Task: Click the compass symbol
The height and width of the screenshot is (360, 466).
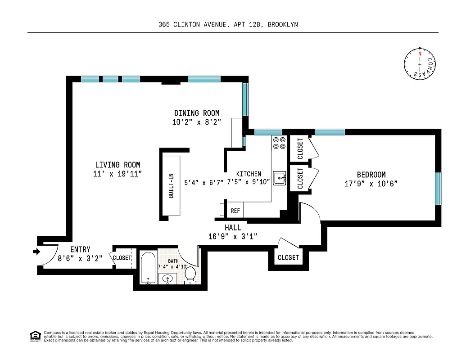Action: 420,63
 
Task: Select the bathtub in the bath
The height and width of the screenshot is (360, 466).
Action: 148,268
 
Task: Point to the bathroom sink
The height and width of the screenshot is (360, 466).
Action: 167,279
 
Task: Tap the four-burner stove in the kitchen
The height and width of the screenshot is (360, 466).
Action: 279,143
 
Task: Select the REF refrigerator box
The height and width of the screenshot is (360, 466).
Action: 235,211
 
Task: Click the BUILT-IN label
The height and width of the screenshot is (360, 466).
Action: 171,186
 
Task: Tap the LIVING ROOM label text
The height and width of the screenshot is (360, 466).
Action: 118,165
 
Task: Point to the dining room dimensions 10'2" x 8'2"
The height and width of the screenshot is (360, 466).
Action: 197,122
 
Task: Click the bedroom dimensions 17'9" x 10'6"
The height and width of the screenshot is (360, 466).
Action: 371,184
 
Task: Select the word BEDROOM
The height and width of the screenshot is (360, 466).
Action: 371,175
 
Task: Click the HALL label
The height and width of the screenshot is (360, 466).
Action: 233,228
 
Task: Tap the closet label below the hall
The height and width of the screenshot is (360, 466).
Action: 288,257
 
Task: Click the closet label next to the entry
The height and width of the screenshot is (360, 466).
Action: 122,258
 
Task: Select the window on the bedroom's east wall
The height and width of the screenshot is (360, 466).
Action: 438,188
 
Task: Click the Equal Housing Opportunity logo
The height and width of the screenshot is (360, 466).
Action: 35,336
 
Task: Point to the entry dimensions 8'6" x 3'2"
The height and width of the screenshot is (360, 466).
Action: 80,258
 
